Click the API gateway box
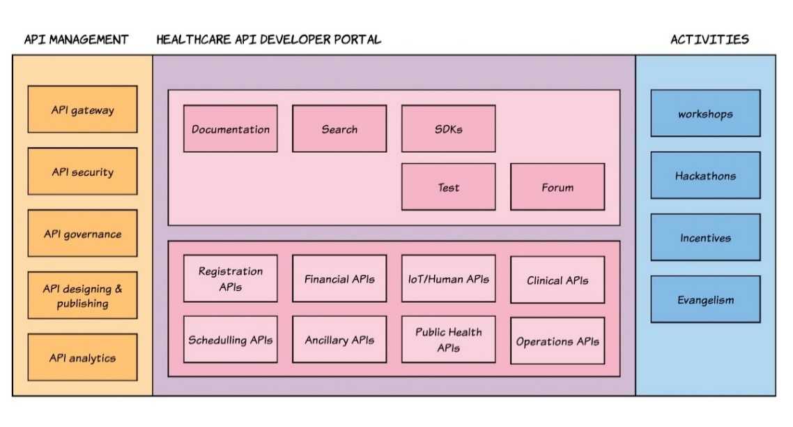[82, 110]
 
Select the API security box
[82, 172]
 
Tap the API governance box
[82, 234]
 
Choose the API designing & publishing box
[82, 296]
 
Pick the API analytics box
[82, 358]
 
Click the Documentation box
[230, 129]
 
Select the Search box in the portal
[339, 129]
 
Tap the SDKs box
[448, 129]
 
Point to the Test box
[448, 187]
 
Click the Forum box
[557, 187]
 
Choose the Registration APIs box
[230, 278]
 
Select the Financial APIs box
[339, 278]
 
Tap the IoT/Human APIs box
[448, 278]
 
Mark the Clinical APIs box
[557, 280]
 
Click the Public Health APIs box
[448, 340]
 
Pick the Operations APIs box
[557, 341]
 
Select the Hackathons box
[705, 176]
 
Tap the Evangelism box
[705, 300]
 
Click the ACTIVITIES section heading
[709, 40]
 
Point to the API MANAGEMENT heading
[77, 40]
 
